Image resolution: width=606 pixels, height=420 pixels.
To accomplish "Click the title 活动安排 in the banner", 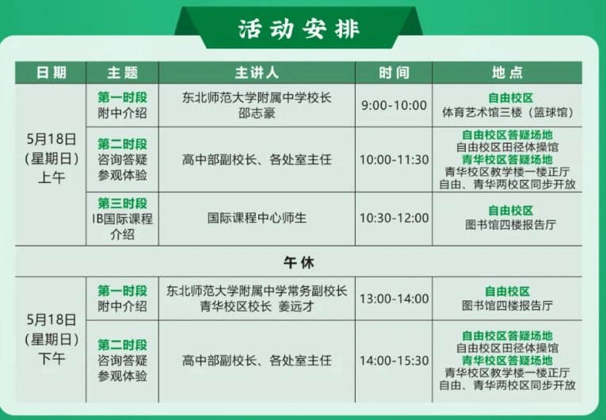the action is [x=299, y=29].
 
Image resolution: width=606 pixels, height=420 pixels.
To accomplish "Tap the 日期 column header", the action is [x=51, y=73].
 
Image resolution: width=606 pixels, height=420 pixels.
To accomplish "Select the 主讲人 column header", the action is [x=257, y=73].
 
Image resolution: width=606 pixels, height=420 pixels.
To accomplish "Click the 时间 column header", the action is [x=394, y=73].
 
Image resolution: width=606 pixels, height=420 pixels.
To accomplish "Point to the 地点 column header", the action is [x=507, y=73].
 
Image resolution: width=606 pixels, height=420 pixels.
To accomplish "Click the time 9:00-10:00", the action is [x=394, y=105].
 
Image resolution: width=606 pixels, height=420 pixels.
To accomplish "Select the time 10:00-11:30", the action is [x=394, y=160].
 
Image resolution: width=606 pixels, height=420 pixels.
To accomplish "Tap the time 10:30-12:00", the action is [x=394, y=218].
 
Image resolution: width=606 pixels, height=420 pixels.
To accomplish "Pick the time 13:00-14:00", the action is [x=394, y=299].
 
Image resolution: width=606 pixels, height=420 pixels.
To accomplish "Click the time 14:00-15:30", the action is [x=394, y=361].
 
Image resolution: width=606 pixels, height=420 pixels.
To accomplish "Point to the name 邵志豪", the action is [x=257, y=113].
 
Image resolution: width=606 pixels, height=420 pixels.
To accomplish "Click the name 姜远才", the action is [x=296, y=307].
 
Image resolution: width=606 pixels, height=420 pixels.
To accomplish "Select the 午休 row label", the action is [x=299, y=262].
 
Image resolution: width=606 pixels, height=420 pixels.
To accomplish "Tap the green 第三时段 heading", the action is [x=122, y=203].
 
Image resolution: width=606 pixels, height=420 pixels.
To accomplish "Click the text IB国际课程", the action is [x=122, y=219].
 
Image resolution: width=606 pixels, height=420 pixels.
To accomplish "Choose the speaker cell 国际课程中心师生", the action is [x=257, y=218].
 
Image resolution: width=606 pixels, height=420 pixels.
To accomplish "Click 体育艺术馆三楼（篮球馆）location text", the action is [x=507, y=113].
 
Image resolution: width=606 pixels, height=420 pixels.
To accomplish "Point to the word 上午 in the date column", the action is [x=51, y=178].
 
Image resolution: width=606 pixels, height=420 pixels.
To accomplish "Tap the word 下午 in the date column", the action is [x=51, y=359].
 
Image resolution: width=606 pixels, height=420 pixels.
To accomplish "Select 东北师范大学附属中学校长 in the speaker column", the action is [x=257, y=97].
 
